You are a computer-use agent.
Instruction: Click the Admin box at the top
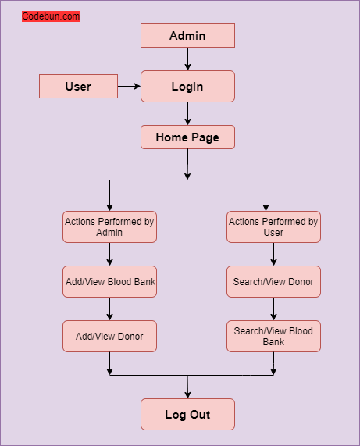tap(187, 35)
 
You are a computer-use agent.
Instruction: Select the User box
tap(78, 86)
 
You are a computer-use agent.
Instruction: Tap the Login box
tap(187, 86)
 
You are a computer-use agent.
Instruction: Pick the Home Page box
tap(187, 137)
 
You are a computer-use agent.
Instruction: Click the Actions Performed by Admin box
tap(109, 227)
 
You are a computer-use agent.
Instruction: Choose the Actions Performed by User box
tap(273, 227)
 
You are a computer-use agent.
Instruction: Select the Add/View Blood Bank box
tap(109, 281)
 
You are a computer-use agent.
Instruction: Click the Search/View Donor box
tap(273, 281)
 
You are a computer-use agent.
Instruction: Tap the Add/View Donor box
tap(109, 336)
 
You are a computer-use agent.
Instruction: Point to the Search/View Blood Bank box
tap(273, 336)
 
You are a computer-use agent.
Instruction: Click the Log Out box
tap(187, 414)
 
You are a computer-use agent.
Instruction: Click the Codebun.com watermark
tap(51, 16)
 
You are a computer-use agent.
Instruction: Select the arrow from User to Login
tap(129, 86)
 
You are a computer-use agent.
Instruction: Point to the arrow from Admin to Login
tap(187, 59)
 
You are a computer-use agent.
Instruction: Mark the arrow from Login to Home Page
tap(187, 113)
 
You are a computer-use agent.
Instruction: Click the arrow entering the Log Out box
tap(187, 387)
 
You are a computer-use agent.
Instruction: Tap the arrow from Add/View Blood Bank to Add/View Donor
tap(109, 309)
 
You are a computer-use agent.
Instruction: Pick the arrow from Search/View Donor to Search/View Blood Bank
tap(273, 309)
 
